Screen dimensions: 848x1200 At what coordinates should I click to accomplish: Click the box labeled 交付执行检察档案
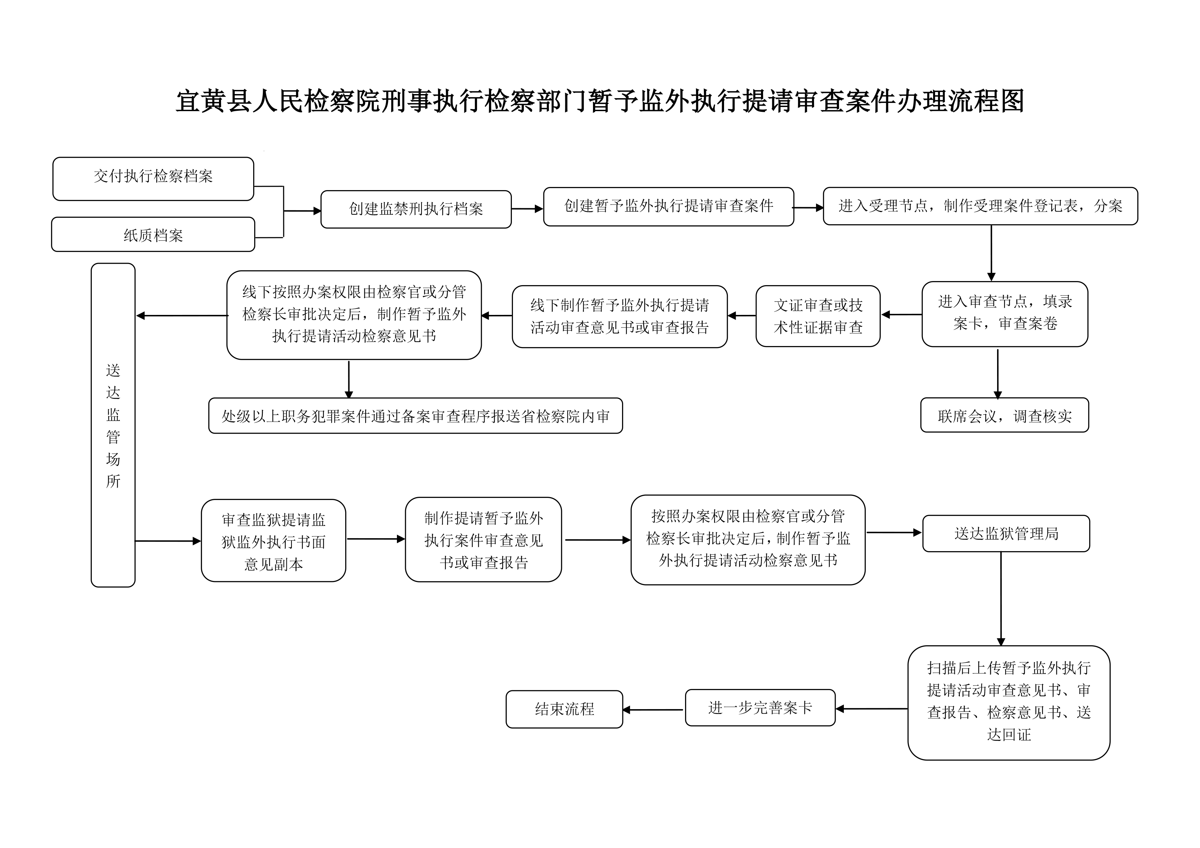point(153,178)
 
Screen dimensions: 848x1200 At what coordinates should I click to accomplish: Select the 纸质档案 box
point(153,235)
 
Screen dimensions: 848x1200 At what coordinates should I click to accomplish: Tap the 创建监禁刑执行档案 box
point(416,209)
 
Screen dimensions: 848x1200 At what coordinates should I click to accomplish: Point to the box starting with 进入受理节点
point(980,206)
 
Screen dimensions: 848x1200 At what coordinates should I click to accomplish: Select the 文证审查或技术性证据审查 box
point(818,316)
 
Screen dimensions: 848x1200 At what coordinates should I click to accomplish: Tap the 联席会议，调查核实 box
point(1005,416)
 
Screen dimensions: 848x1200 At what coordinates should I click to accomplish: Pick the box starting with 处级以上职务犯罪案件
point(415,416)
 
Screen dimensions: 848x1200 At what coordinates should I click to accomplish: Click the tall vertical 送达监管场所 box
point(113,425)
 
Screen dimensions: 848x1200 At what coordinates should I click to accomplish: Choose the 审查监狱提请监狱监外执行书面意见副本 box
point(273,541)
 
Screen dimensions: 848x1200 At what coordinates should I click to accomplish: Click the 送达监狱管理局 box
point(1006,533)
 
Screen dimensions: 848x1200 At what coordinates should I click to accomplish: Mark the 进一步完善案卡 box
point(760,707)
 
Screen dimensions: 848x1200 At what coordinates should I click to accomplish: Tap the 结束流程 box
point(565,709)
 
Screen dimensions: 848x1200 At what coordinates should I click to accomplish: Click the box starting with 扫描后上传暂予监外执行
point(1009,702)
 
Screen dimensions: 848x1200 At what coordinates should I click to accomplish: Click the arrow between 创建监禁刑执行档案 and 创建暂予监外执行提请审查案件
point(527,209)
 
